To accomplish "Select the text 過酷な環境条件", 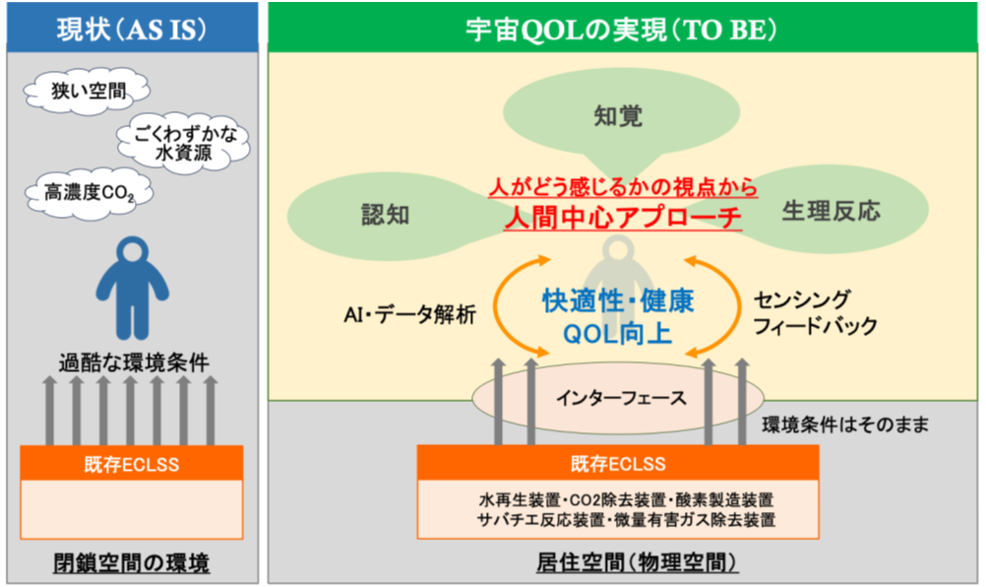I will tap(131, 362).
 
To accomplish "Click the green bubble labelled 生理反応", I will tap(831, 210).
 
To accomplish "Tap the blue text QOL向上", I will tap(618, 334).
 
